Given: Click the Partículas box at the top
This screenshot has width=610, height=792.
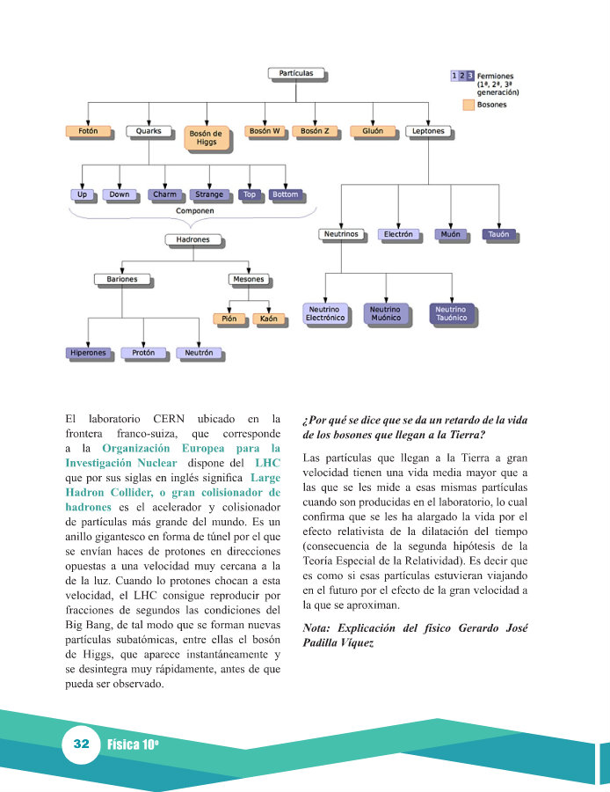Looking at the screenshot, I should point(295,73).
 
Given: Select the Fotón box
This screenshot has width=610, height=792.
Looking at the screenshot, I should point(88,131).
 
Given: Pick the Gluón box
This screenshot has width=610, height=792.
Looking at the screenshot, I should point(372,131).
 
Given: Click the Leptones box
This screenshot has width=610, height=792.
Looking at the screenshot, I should point(428,131).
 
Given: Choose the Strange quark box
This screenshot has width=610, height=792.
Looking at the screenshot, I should point(209,194).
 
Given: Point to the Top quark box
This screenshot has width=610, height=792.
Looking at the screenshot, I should point(250,194).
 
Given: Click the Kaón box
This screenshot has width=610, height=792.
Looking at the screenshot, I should point(269,319).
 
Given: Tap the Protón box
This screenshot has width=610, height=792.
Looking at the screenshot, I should point(143,353).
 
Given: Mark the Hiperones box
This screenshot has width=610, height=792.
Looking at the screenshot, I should point(89,353).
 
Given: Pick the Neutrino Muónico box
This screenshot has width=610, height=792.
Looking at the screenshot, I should point(385,314).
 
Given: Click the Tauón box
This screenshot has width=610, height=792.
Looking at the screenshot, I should point(498,235).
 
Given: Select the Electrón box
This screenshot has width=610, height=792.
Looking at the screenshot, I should point(397,235).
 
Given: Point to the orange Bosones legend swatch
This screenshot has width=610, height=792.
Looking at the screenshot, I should point(469,105).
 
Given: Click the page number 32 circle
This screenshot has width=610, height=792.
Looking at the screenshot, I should point(82,744).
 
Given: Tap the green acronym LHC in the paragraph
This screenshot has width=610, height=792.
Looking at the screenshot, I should point(267,462).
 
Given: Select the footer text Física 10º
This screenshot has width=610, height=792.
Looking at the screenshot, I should point(133,744).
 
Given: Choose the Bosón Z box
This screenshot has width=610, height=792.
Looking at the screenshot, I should point(315,131).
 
